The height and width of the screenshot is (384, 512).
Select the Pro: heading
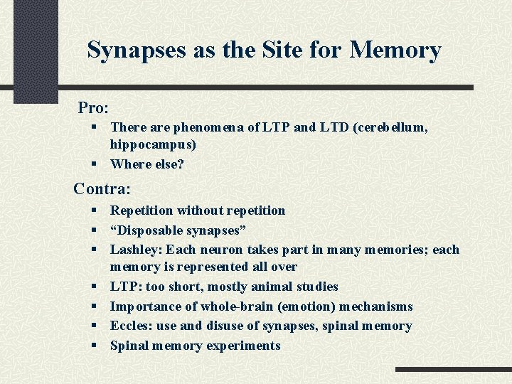(93, 107)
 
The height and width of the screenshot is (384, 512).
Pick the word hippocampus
(149, 144)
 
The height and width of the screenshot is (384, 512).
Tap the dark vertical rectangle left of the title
(36, 50)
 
